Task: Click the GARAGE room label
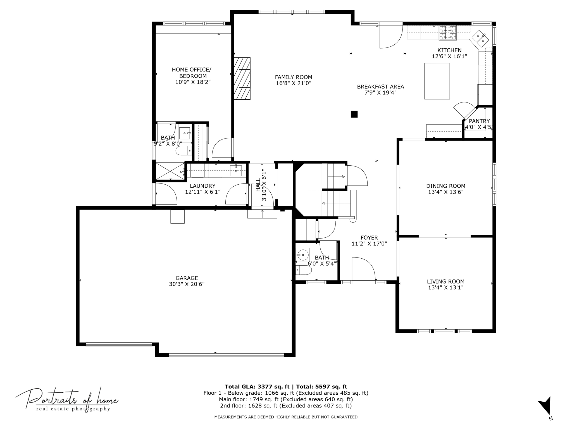tap(187, 278)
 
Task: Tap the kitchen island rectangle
tap(437, 81)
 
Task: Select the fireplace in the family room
tap(242, 78)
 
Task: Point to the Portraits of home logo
tap(67, 400)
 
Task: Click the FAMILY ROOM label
tap(294, 77)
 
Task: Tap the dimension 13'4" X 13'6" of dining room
tap(446, 192)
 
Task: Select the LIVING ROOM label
tap(446, 282)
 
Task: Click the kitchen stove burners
tap(448, 33)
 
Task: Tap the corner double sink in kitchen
tap(480, 39)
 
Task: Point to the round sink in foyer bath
tap(302, 255)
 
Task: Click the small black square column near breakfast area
tap(354, 114)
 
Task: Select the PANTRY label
tap(479, 121)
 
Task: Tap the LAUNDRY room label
tap(203, 186)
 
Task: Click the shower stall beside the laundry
tap(170, 171)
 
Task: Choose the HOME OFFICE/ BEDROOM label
tap(192, 73)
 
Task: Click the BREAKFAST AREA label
tap(381, 87)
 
